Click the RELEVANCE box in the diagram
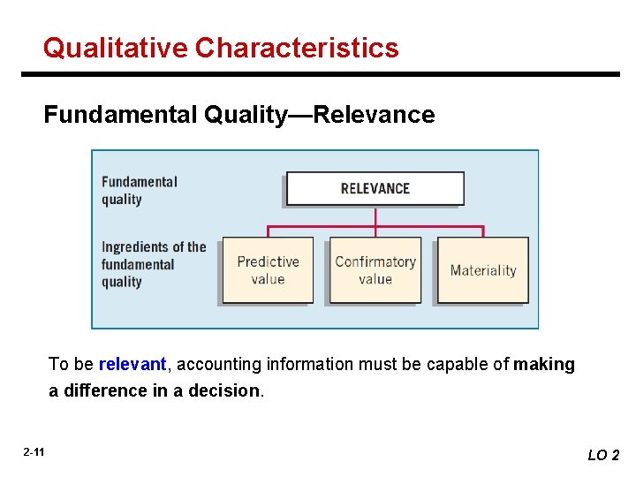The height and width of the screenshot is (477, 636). point(375,188)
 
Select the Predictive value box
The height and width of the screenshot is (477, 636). point(268,270)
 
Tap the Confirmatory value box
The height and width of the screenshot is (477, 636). point(375,270)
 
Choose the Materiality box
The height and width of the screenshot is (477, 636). point(483,270)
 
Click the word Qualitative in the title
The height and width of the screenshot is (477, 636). point(116,48)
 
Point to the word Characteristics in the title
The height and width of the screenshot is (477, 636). point(297,48)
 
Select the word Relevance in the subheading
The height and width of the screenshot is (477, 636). point(374,115)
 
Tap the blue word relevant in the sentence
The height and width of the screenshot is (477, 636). point(132,364)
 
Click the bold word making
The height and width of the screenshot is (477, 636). point(544,364)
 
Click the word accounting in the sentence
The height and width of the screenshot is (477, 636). point(212,364)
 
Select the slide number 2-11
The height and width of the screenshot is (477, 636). point(34,452)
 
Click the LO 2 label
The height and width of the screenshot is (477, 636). point(603,455)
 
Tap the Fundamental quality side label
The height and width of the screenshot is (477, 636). point(140,190)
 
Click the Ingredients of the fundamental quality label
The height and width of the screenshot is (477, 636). point(153,264)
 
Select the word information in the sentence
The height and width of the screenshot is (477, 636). point(298,364)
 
